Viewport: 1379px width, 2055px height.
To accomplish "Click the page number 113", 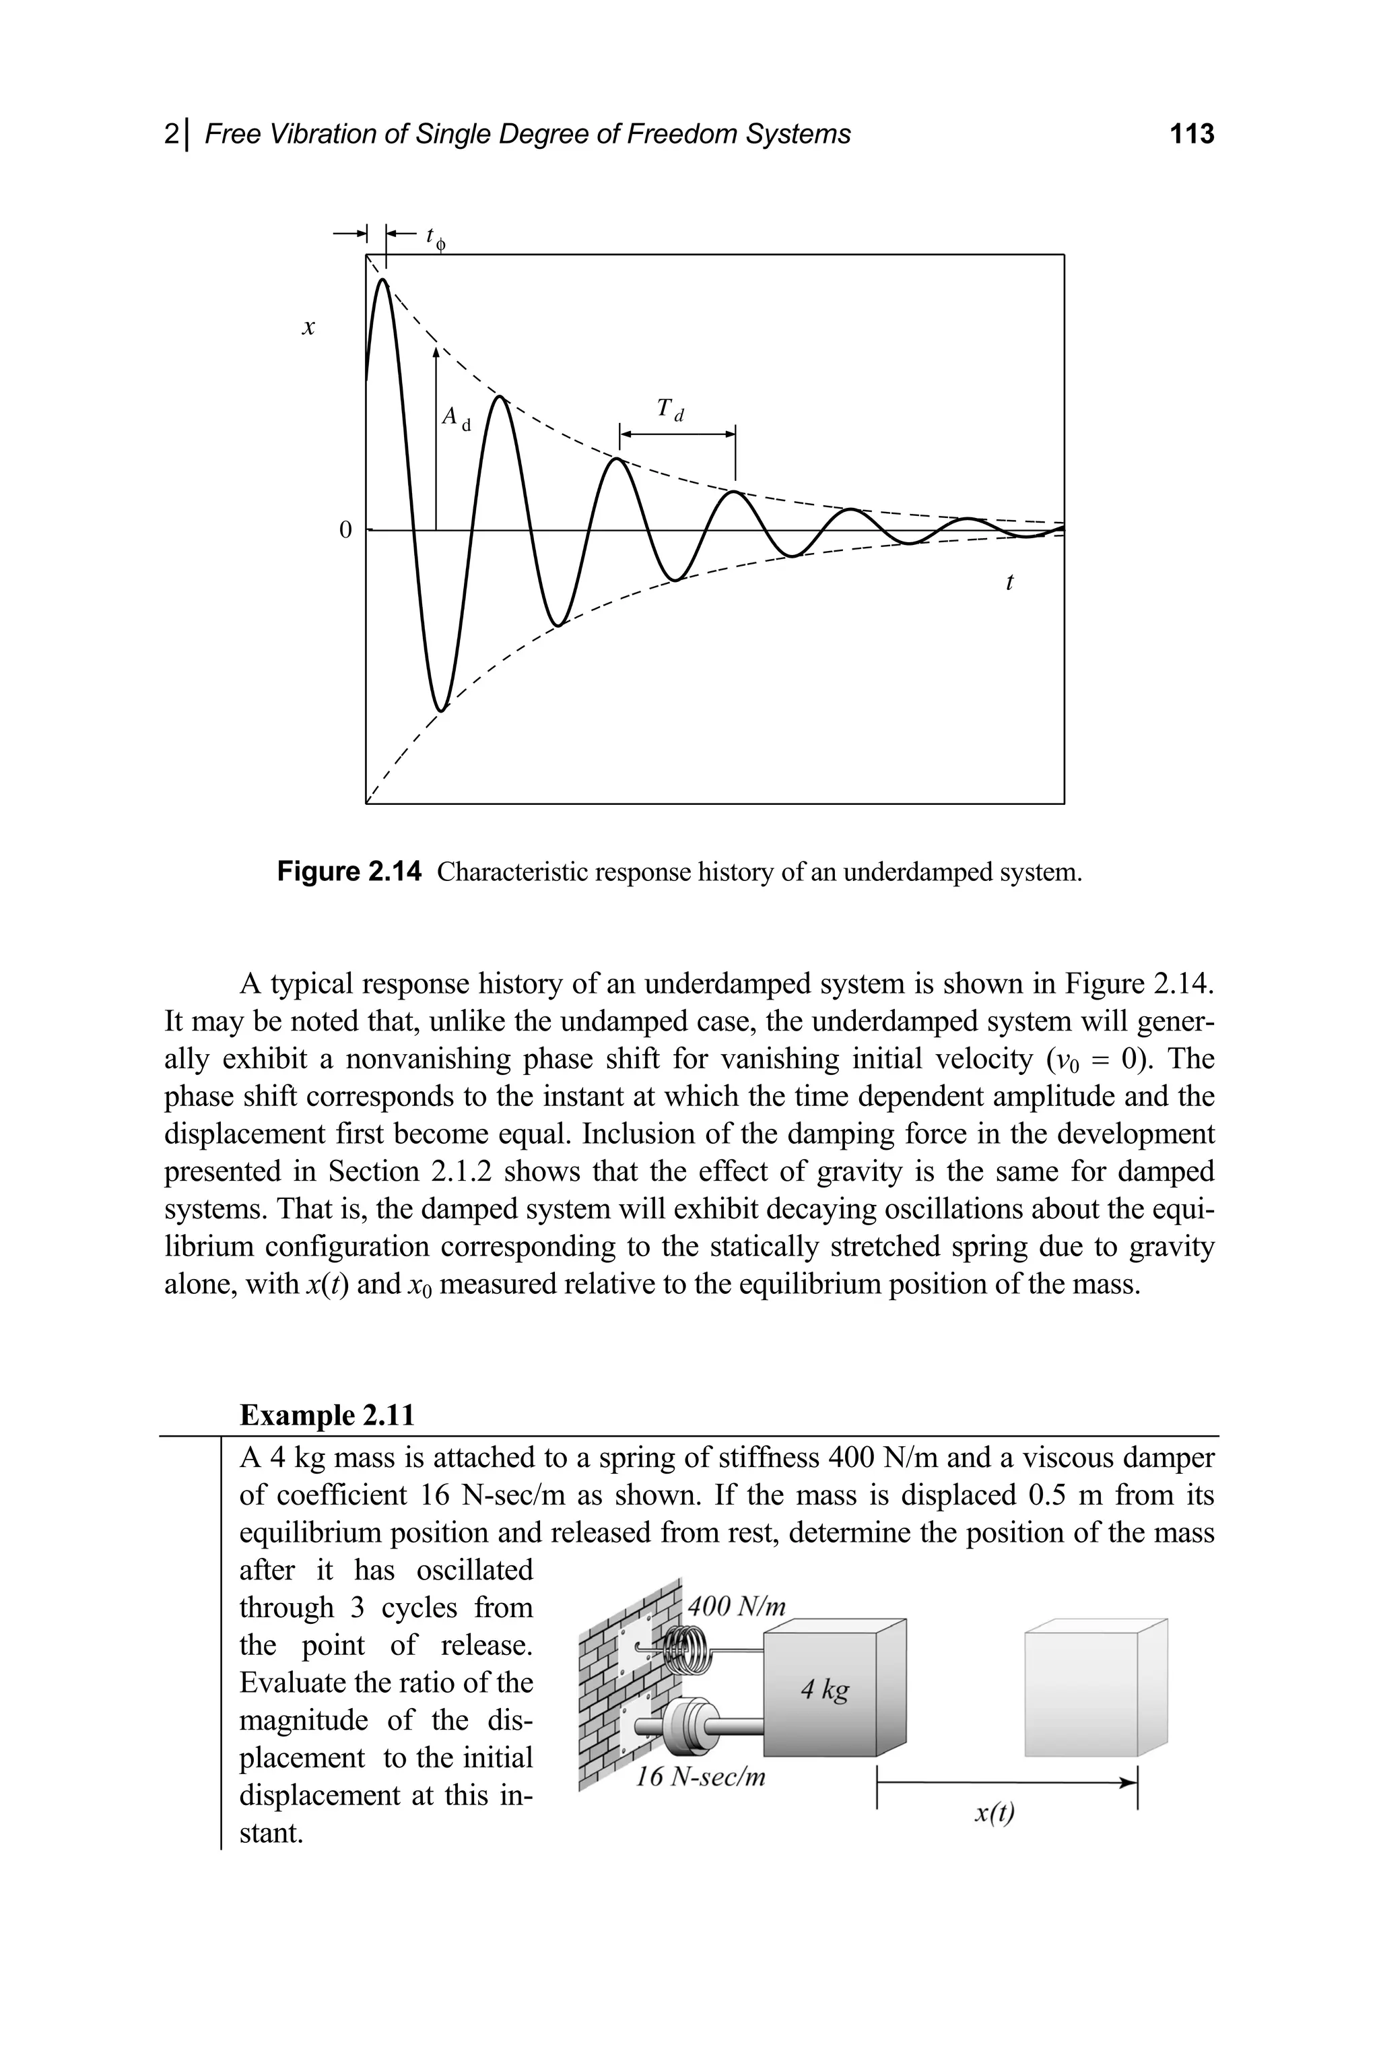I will (x=1192, y=134).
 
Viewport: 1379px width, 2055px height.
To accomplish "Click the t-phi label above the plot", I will (x=434, y=238).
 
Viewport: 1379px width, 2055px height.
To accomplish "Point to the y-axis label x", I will (x=308, y=328).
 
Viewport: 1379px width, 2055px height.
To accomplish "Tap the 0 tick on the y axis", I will (x=345, y=531).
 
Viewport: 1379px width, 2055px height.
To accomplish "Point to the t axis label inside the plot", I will (x=1009, y=583).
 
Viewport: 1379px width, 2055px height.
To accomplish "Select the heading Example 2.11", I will (x=327, y=1415).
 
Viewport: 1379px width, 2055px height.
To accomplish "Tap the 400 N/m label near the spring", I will (x=736, y=1606).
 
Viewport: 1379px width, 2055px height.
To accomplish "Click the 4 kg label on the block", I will (x=824, y=1689).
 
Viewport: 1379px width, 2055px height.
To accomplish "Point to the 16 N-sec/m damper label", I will (x=700, y=1777).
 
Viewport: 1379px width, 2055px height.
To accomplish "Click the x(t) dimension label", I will (x=995, y=1813).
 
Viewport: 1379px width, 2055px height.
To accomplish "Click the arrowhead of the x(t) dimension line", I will (x=1129, y=1782).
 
